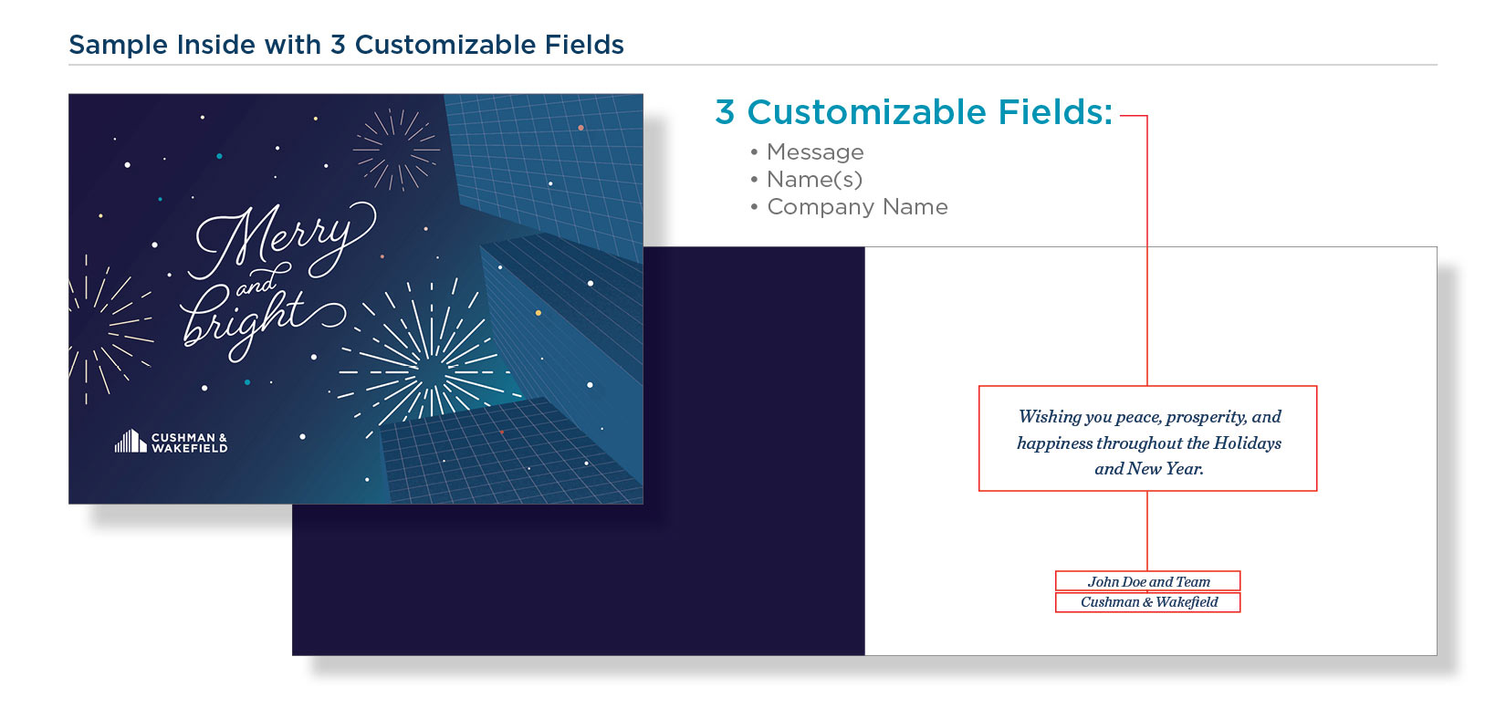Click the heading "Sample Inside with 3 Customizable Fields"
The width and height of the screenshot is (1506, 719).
click(346, 45)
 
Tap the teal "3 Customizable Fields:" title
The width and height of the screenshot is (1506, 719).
click(914, 111)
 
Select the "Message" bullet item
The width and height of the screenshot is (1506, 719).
click(814, 151)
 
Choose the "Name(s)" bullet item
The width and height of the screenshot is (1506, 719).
click(813, 180)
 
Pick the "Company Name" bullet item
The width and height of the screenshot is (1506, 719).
click(856, 207)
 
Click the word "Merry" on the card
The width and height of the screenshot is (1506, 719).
click(282, 240)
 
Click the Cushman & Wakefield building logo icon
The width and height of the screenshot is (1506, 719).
click(131, 441)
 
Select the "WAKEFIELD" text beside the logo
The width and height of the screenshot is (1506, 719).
click(190, 448)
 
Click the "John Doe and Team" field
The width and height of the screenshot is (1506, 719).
click(1147, 581)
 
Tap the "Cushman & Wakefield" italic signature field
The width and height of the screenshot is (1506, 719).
click(1147, 602)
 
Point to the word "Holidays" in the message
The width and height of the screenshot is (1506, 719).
click(1247, 443)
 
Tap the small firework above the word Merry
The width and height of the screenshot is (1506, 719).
click(397, 149)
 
